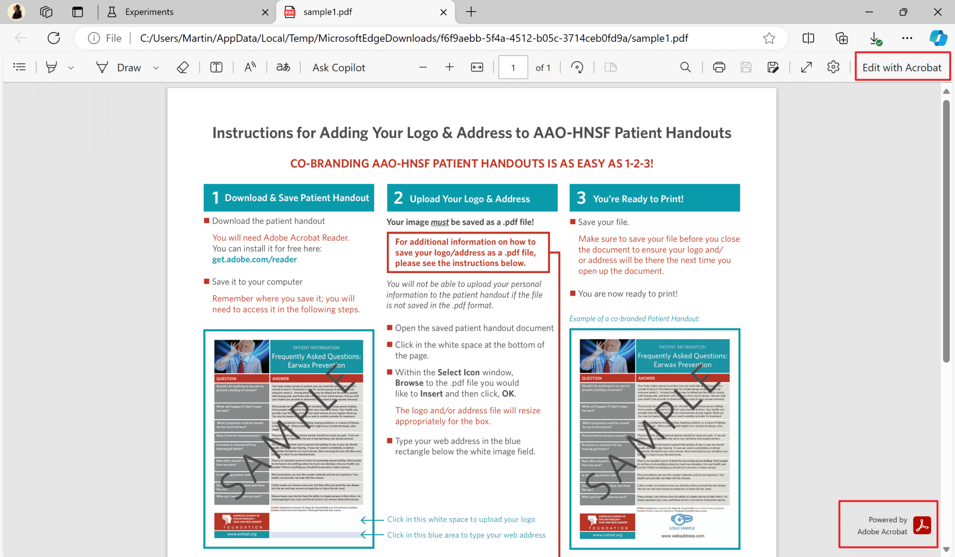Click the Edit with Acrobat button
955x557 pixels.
point(901,68)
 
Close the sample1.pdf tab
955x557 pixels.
point(443,12)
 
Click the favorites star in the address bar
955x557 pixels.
point(769,38)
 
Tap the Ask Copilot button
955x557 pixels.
point(339,68)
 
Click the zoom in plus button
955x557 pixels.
point(449,67)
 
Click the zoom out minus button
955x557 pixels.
point(423,67)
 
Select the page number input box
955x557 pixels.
point(513,68)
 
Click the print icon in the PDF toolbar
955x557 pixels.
point(719,67)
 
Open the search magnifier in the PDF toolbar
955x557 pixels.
point(685,67)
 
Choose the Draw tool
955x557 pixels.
point(120,68)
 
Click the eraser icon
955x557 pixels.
point(183,68)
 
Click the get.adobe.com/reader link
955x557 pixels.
point(254,259)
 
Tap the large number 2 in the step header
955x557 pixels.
point(398,198)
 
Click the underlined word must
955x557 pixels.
point(439,222)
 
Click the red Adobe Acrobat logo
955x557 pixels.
point(922,525)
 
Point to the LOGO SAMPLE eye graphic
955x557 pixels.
point(681,519)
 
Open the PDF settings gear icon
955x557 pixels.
point(833,67)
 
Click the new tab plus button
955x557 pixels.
point(471,12)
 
